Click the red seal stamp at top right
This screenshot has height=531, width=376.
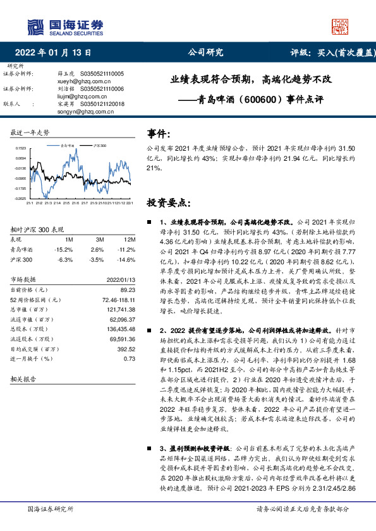pos(339,26)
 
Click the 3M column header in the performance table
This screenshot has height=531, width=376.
pos(99,240)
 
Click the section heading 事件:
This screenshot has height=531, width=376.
pos(159,134)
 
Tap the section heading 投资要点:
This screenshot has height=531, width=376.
pos(167,203)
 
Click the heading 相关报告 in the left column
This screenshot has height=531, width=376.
pos(23,379)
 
